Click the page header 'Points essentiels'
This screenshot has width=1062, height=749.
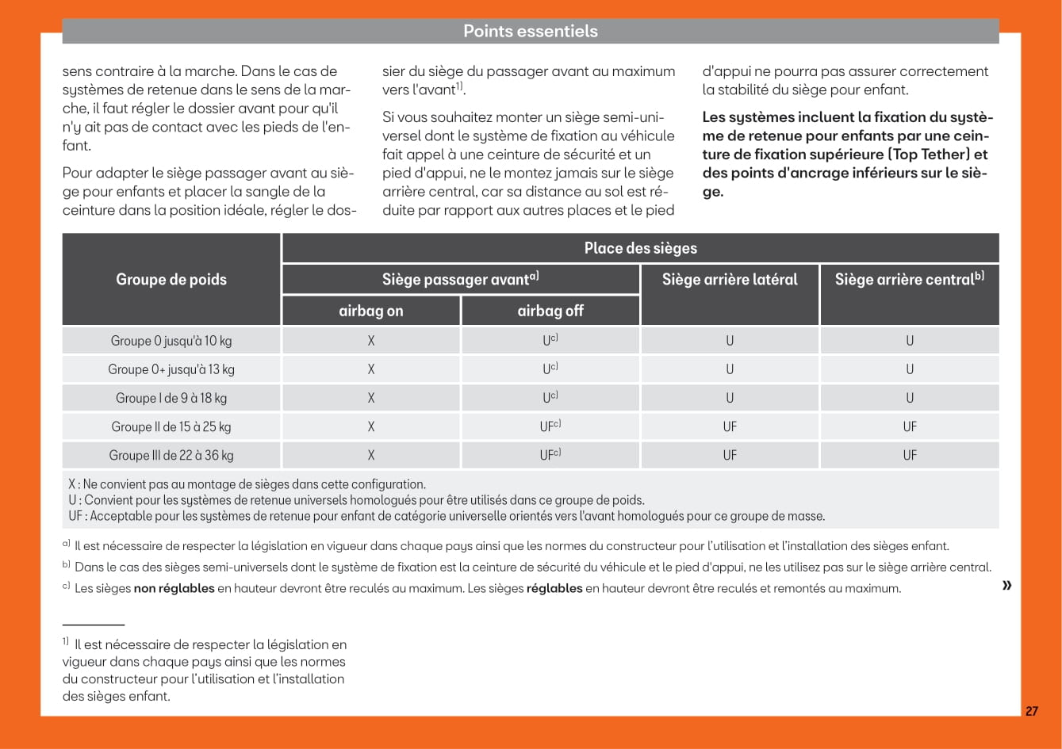(x=530, y=32)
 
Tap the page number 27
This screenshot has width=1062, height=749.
(x=1031, y=711)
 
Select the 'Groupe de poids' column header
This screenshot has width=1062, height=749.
(x=171, y=279)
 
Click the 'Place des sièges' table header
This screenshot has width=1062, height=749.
(x=640, y=248)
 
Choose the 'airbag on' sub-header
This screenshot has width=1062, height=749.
(x=370, y=311)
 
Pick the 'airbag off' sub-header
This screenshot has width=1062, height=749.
(x=550, y=311)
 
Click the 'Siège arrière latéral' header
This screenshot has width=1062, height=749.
(x=730, y=279)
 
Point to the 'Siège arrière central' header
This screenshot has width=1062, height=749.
(x=909, y=279)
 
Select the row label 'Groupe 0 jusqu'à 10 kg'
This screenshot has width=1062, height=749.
(x=171, y=341)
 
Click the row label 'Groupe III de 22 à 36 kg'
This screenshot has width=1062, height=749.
(x=171, y=455)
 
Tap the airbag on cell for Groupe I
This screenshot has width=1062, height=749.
(x=370, y=398)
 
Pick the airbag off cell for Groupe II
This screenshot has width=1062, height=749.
(x=550, y=426)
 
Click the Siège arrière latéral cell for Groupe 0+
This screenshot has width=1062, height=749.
(x=730, y=369)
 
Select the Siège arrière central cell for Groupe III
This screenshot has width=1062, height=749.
(x=909, y=455)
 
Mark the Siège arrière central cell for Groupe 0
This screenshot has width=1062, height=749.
(x=909, y=341)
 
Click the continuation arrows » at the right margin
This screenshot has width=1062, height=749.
(x=1007, y=585)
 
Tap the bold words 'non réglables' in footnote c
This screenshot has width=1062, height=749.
(x=174, y=589)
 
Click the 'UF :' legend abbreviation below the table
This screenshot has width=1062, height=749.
(x=77, y=516)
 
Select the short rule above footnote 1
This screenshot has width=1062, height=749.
(x=94, y=625)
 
